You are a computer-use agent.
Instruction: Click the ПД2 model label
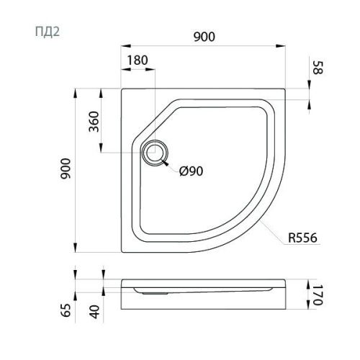[48, 32]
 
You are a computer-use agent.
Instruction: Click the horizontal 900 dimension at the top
[204, 37]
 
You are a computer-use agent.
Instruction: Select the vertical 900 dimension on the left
[66, 168]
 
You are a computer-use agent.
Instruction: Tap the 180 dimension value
[138, 60]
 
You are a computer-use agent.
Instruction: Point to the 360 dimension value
[94, 122]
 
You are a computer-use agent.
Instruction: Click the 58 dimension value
[318, 68]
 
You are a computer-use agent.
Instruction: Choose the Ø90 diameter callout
[192, 171]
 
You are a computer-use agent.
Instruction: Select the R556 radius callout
[302, 238]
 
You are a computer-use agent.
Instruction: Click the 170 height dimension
[318, 295]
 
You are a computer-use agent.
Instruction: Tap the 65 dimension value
[66, 310]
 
